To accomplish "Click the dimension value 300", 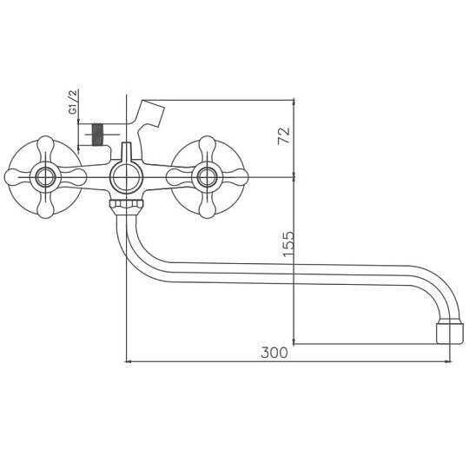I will (274, 353).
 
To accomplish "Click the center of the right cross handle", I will (206, 178).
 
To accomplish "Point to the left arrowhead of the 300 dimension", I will (130, 362).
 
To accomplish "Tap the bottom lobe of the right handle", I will (206, 208).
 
